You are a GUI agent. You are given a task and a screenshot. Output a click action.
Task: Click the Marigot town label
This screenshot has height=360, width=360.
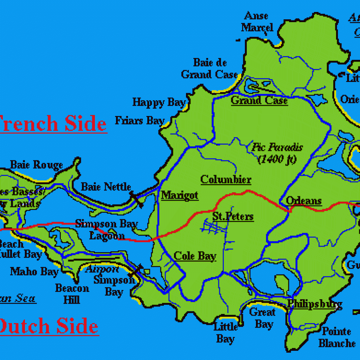[180, 195]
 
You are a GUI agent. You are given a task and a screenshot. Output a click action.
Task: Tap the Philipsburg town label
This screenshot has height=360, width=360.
[315, 304]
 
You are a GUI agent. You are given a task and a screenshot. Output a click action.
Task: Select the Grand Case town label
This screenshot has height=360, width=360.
[259, 101]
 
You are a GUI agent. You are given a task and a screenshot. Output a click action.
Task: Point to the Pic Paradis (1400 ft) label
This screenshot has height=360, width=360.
[277, 153]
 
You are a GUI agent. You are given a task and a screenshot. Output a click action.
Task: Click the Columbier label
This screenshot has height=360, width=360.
[226, 180]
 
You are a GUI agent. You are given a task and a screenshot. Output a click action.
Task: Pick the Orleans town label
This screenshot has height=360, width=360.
[304, 201]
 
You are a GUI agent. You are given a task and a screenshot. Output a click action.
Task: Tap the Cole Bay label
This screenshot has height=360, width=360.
[195, 256]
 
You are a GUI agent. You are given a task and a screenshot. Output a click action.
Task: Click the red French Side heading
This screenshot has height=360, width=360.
[53, 124]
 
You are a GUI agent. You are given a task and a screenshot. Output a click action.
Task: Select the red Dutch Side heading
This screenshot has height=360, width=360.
[49, 326]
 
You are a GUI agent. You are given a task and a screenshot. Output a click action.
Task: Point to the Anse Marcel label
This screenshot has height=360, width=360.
[257, 22]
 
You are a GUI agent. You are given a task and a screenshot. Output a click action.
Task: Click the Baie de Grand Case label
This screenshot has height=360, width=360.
[210, 69]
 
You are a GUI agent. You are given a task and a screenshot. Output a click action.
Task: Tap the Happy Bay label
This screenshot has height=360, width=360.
[159, 103]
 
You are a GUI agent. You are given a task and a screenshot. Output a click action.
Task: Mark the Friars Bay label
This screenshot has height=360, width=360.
[140, 121]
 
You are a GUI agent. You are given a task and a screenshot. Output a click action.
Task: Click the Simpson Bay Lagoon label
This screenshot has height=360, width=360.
[107, 229]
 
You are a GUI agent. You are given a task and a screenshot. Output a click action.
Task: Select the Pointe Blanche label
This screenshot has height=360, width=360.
[337, 337]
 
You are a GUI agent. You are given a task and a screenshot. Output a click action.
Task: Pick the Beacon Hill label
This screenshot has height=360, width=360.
[72, 294]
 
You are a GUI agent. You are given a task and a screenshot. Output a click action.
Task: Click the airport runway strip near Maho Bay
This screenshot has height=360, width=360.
[93, 259]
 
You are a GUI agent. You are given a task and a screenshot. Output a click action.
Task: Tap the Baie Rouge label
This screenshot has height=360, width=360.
[36, 165]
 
